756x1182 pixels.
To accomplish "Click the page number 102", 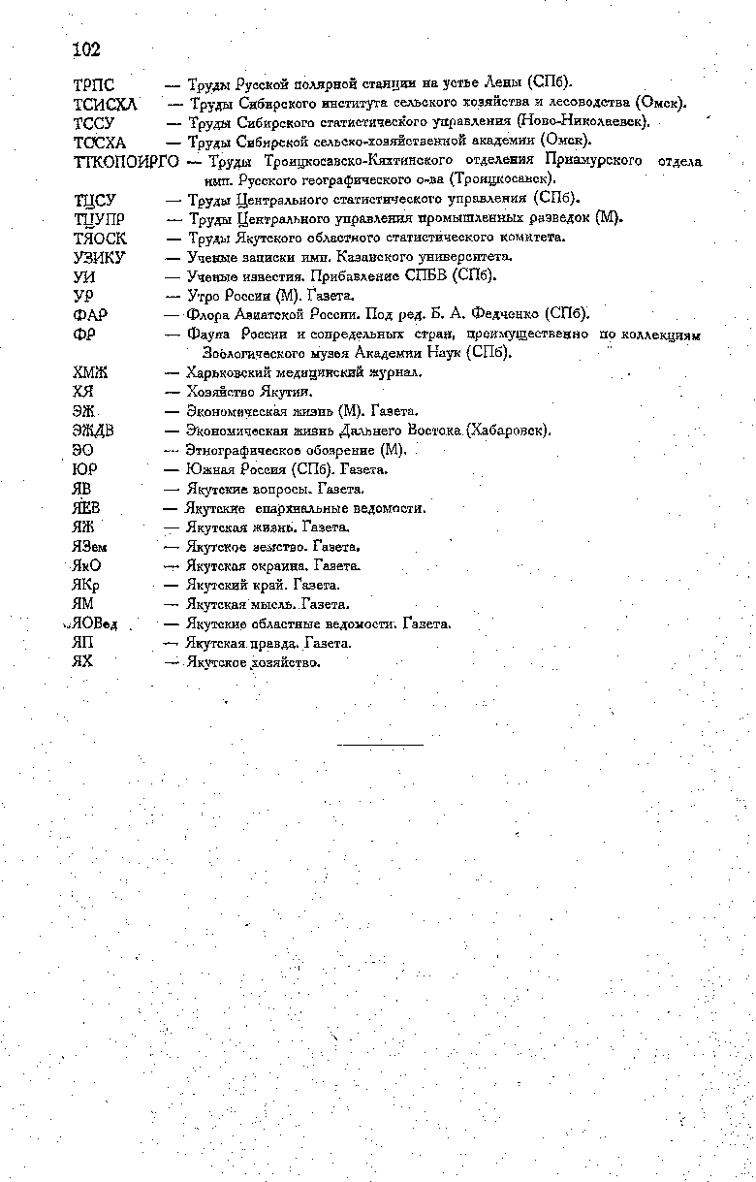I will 86,48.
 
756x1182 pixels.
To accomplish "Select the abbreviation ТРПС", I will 94,84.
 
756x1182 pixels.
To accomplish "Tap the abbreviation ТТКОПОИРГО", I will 126,161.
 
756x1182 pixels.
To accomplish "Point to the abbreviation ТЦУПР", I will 99,219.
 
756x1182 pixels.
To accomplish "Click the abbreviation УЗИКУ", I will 99,258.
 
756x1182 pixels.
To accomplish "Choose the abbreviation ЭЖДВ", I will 93,431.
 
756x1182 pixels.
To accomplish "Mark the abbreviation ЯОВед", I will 93,623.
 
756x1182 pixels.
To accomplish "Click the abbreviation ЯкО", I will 86,565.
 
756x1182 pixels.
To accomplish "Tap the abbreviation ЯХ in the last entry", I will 82,662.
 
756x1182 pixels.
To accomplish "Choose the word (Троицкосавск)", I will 501,179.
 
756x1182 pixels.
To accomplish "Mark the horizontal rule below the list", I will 381,744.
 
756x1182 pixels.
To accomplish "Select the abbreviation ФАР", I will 89,315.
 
